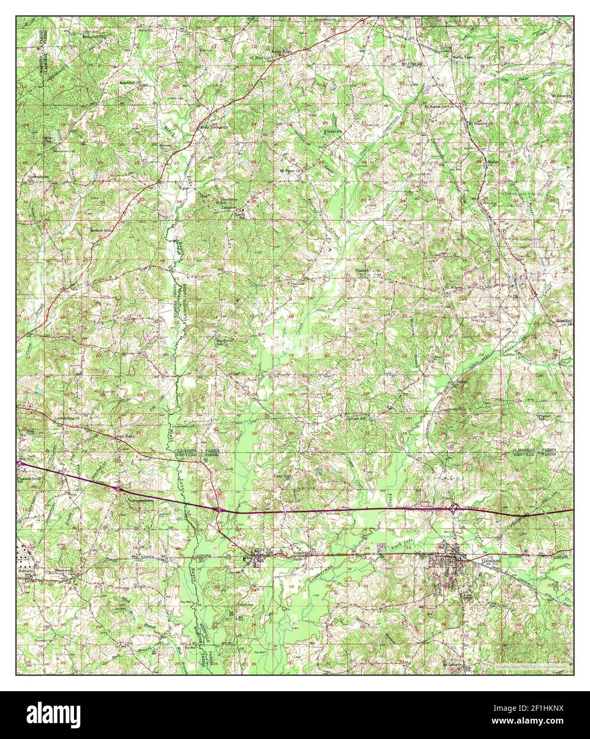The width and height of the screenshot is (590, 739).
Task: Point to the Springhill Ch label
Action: point(94,37)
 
